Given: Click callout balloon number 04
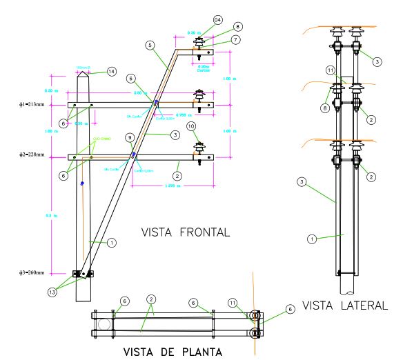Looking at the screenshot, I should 218,19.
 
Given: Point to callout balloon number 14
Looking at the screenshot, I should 112,71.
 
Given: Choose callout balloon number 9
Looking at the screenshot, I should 129,138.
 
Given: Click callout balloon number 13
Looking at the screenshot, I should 52,292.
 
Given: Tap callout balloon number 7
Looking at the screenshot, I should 236,40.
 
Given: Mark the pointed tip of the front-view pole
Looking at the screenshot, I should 81,70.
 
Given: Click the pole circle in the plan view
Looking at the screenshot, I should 104,323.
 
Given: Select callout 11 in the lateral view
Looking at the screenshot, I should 331,70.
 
